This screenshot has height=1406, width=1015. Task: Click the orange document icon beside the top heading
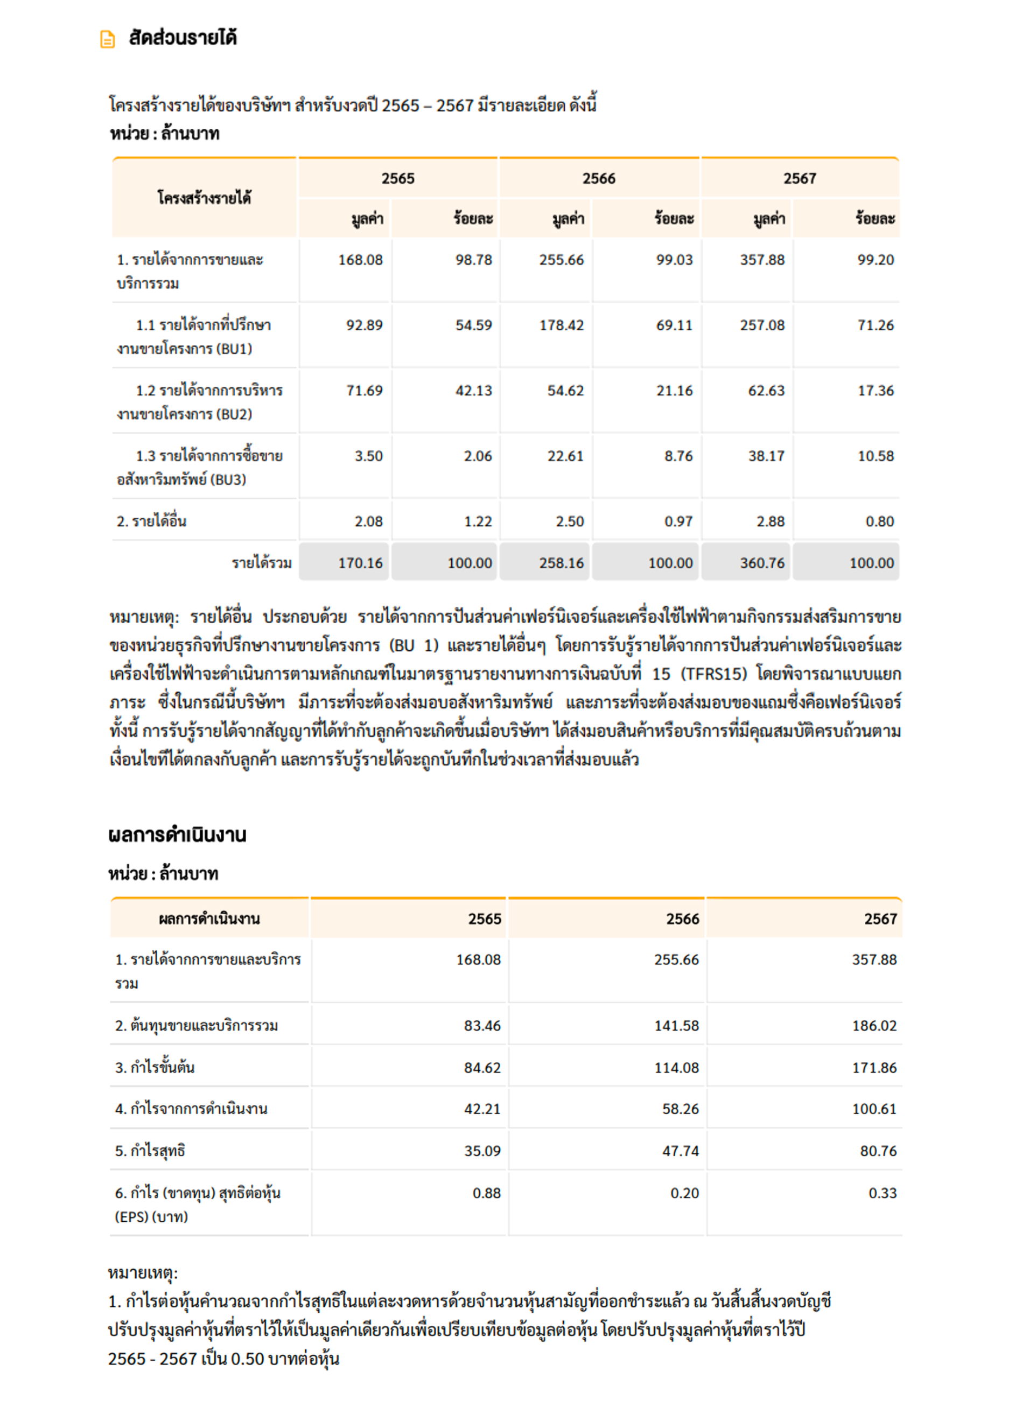[107, 39]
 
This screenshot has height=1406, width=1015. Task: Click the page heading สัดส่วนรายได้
[183, 38]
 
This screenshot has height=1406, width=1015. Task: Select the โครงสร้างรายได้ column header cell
[204, 198]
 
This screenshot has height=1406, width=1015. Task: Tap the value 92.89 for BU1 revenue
[365, 325]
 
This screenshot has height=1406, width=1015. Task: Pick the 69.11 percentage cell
[674, 325]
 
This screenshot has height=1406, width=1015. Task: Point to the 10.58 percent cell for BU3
[876, 456]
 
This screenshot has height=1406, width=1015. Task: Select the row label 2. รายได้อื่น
[152, 521]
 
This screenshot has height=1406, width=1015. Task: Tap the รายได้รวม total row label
[262, 563]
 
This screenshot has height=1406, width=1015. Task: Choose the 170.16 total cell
[360, 563]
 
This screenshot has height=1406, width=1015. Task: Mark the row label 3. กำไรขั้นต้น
[155, 1068]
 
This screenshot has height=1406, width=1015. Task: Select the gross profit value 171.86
[874, 1068]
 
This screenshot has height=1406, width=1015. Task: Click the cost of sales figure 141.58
[676, 1025]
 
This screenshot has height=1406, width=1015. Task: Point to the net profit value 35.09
[482, 1151]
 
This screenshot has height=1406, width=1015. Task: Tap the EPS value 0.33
[883, 1193]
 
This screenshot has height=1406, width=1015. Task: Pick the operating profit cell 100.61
[874, 1109]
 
